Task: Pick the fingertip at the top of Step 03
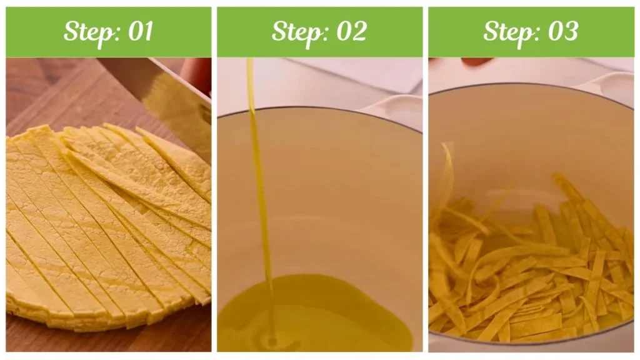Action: click(476, 62)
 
